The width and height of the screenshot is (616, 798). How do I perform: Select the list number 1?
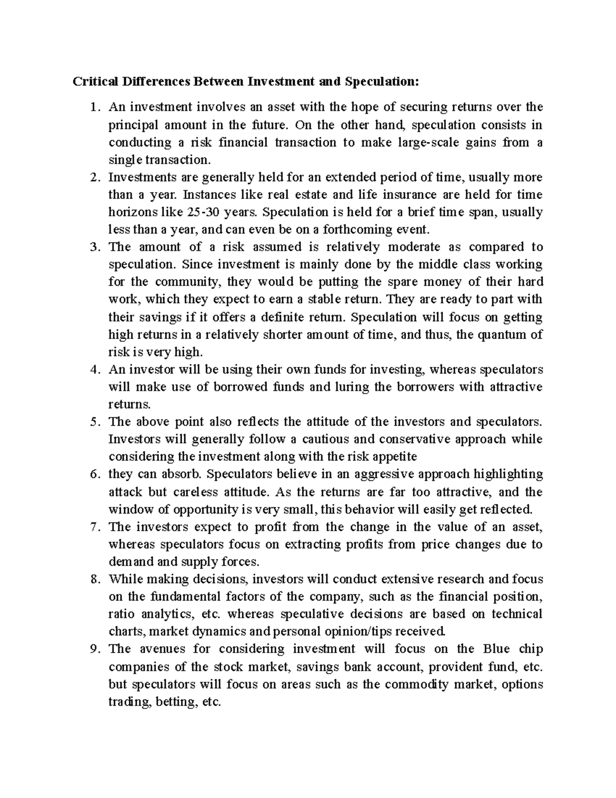click(x=93, y=107)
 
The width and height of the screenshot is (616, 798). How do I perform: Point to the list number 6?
click(x=93, y=474)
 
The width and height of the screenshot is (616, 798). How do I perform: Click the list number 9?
click(x=93, y=649)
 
